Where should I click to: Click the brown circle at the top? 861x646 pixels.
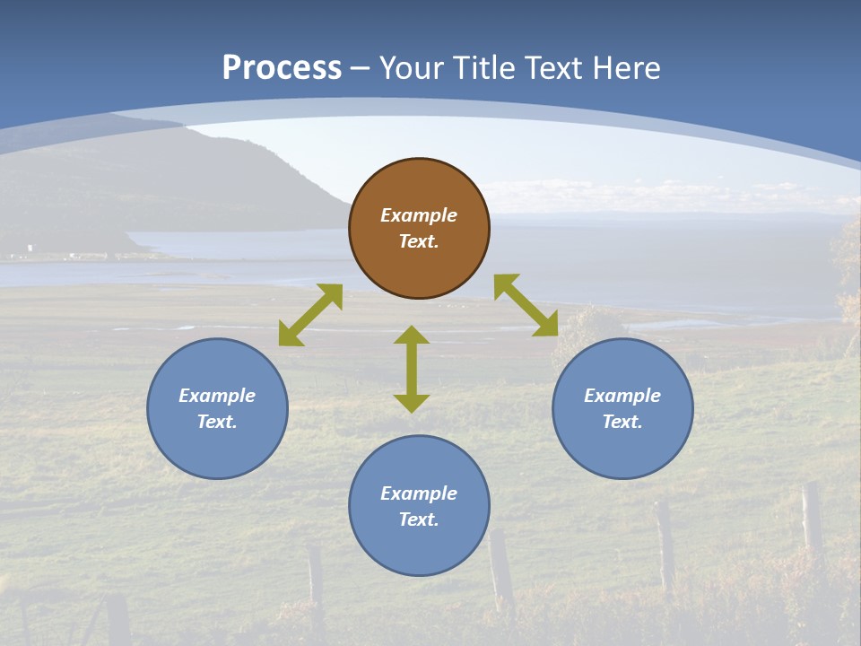tap(419, 229)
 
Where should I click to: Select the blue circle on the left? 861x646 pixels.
tap(217, 408)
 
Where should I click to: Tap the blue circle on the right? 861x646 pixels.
tap(622, 408)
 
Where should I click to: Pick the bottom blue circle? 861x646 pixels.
tap(419, 506)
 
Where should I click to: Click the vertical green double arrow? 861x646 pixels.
tap(412, 369)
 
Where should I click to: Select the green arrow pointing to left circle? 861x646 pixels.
tap(310, 315)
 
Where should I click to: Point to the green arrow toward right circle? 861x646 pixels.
tap(526, 305)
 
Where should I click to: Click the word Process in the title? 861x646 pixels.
tap(282, 67)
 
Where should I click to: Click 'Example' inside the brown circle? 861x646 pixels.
tap(419, 215)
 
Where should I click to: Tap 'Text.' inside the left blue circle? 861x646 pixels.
tap(217, 422)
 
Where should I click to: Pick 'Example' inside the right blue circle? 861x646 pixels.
tap(622, 396)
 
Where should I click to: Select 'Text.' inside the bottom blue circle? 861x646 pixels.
tap(419, 519)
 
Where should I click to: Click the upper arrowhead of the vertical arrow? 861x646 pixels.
tap(412, 336)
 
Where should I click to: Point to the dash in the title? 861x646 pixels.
tap(361, 68)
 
